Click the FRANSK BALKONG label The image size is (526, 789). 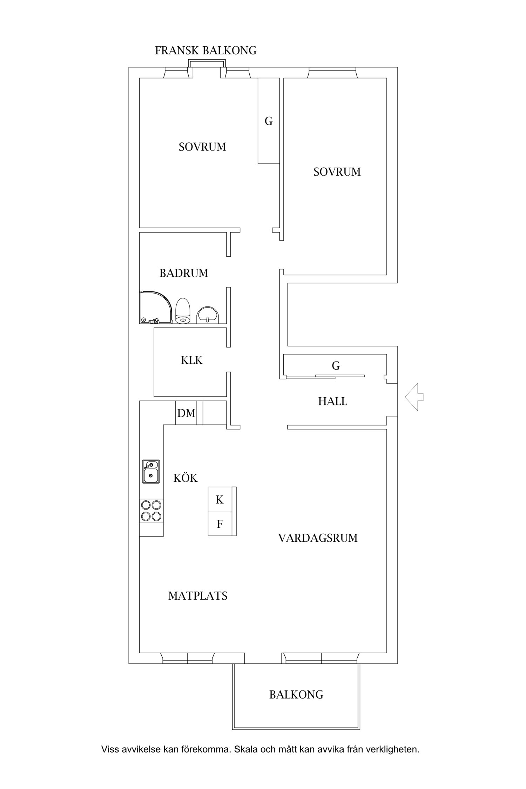(205, 51)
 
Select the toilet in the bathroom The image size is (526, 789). (182, 311)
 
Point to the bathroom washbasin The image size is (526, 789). (208, 315)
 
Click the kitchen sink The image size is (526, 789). (151, 471)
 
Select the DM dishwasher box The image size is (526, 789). (186, 413)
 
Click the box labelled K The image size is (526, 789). (220, 499)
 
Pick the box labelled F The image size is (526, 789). (220, 524)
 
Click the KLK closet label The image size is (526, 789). (192, 360)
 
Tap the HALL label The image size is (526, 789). (332, 401)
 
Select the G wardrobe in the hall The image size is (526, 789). (336, 366)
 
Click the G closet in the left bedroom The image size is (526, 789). (269, 121)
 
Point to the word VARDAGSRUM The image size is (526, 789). (318, 538)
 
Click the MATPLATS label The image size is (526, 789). (198, 596)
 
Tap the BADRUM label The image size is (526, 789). (184, 273)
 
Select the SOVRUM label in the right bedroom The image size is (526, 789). (337, 172)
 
